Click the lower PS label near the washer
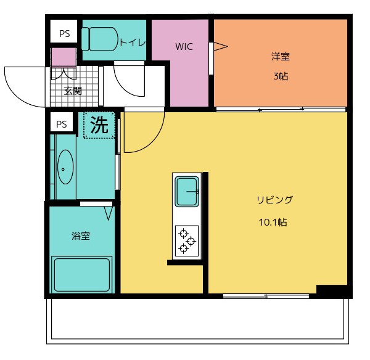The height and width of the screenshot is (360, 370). [61, 124]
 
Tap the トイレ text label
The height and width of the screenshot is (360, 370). [132, 42]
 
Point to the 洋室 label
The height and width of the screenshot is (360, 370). [281, 57]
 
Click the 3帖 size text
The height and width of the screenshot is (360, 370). [281, 77]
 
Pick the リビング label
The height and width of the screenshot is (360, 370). [274, 200]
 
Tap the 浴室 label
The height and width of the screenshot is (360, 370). [81, 235]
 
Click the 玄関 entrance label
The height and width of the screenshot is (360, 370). [73, 91]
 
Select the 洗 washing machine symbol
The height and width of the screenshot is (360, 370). [99, 125]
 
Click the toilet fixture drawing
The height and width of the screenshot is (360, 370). [101, 40]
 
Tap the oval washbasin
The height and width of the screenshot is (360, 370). [65, 168]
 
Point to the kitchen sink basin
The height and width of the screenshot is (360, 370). [186, 192]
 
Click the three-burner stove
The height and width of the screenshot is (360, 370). [186, 240]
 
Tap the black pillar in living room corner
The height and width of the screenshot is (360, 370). [332, 290]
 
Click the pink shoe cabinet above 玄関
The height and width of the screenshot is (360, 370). [63, 57]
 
